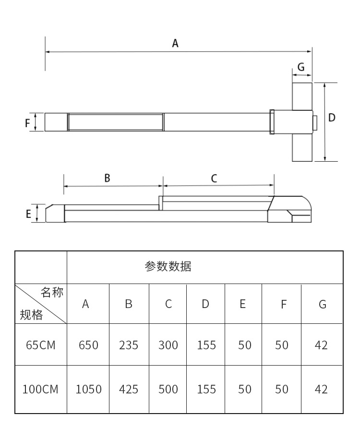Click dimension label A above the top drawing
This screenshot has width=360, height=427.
pos(175,44)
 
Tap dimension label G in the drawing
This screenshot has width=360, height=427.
pos(301,67)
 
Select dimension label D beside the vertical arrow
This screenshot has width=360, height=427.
pos(332,118)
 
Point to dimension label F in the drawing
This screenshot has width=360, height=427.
pos(28,123)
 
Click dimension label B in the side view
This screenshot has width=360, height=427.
pos(108,178)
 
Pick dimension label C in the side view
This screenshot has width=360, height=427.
pos(214,178)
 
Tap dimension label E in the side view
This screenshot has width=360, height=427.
pos(28,213)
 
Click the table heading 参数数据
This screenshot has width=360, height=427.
pos(168,267)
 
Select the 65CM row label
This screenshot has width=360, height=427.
pos(40,345)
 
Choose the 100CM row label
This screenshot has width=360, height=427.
pos(40,389)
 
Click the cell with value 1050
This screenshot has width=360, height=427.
pos(88,389)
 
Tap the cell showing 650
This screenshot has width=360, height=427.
pos(88,345)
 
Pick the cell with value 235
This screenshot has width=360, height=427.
pos(129,345)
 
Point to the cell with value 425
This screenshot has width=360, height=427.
pos(129,389)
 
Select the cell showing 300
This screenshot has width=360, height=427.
pos(168,345)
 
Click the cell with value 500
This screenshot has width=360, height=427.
pos(168,389)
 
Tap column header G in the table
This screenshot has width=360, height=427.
pos(322,304)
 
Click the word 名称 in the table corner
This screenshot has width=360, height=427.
pos(52,293)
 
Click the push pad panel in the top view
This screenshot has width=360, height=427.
pos(115,122)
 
